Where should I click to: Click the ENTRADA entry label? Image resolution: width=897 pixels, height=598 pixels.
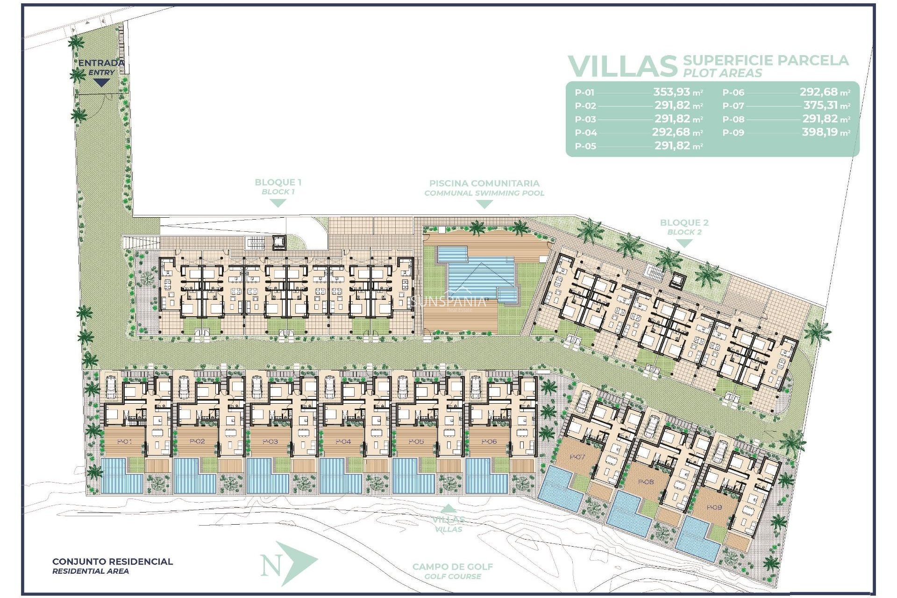(x=101, y=63)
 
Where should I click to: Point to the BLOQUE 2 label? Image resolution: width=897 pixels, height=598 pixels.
(x=684, y=223)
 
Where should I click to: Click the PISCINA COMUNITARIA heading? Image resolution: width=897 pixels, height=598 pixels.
(x=484, y=183)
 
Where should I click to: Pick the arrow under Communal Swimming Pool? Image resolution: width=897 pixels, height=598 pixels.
(x=484, y=204)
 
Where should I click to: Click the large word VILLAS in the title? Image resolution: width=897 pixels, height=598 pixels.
(x=622, y=66)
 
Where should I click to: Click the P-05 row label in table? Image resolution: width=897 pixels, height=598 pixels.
(x=585, y=146)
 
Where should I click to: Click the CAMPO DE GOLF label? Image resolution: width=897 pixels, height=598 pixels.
(x=452, y=567)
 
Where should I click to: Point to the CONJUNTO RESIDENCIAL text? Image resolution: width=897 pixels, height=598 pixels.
(x=112, y=562)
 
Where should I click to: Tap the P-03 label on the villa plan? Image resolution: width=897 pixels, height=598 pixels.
(x=270, y=441)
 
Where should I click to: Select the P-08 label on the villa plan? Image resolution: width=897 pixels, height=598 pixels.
(x=646, y=482)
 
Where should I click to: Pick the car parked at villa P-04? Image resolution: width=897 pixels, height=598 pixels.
(x=330, y=387)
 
